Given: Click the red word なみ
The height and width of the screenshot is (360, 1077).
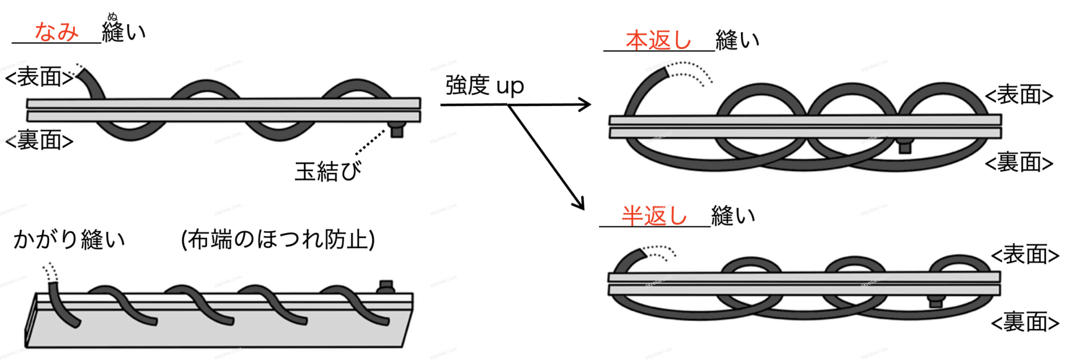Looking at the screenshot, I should [x=56, y=32].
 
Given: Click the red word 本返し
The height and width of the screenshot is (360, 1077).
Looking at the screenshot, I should [x=658, y=40].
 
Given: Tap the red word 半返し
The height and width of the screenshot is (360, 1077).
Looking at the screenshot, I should [x=654, y=216].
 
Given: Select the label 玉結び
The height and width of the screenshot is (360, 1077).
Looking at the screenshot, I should [x=328, y=171].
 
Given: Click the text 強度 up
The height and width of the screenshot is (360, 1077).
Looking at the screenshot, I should [x=485, y=86].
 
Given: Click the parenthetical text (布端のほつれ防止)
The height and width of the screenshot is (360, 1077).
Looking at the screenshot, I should [x=278, y=239].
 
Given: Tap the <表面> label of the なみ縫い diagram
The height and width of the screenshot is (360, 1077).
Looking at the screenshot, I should [x=39, y=77].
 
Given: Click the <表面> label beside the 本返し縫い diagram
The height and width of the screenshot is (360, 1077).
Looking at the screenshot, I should [x=1019, y=95].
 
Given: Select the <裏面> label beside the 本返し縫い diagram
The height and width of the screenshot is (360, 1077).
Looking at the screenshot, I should [x=1019, y=163].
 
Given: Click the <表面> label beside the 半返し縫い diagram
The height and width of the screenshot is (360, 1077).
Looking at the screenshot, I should [x=1025, y=255].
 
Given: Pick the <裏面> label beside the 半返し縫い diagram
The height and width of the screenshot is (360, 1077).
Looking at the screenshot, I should [x=1025, y=323].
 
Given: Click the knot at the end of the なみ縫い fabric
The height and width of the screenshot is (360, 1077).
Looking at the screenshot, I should [x=397, y=130].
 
